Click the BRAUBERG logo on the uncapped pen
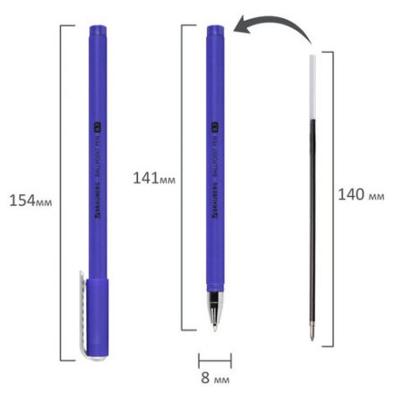[x=216, y=207]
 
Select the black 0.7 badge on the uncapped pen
[x=216, y=116]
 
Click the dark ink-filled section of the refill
[x=310, y=206]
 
